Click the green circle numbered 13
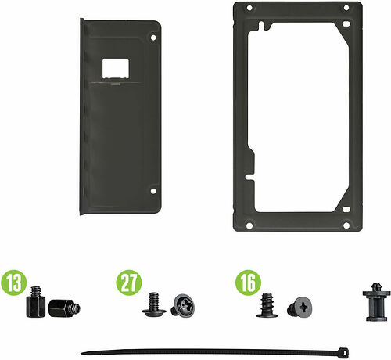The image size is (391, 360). pos(14,283)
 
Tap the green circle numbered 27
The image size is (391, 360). pos(129,283)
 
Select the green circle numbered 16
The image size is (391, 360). pos(248,283)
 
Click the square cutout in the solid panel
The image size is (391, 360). pos(116,68)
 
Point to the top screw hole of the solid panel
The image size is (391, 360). pos(153,38)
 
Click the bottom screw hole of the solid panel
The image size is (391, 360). pos(153,191)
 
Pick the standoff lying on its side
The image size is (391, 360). pos(64,308)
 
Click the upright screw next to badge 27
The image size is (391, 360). pos(154,304)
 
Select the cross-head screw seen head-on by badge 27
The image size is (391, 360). pos(183,305)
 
